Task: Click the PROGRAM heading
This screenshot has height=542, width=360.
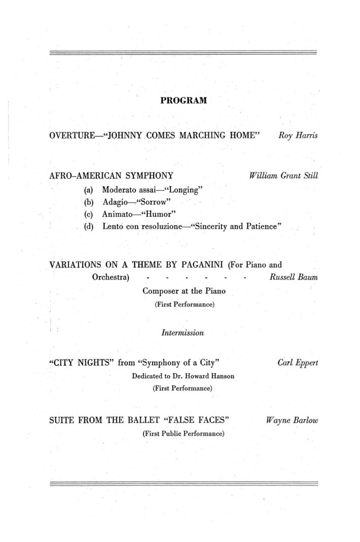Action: click(x=184, y=100)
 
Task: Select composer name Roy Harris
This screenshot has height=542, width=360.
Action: click(x=298, y=136)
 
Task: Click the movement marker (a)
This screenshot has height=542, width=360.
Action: click(x=89, y=190)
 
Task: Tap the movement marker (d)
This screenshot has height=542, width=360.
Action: click(x=89, y=227)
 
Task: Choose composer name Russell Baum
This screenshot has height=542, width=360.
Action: click(x=294, y=278)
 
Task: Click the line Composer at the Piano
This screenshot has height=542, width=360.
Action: click(x=184, y=291)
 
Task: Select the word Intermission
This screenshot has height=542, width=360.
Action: click(x=183, y=333)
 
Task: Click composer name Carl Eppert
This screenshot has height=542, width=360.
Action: click(x=298, y=363)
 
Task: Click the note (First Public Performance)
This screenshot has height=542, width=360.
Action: click(x=183, y=433)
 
